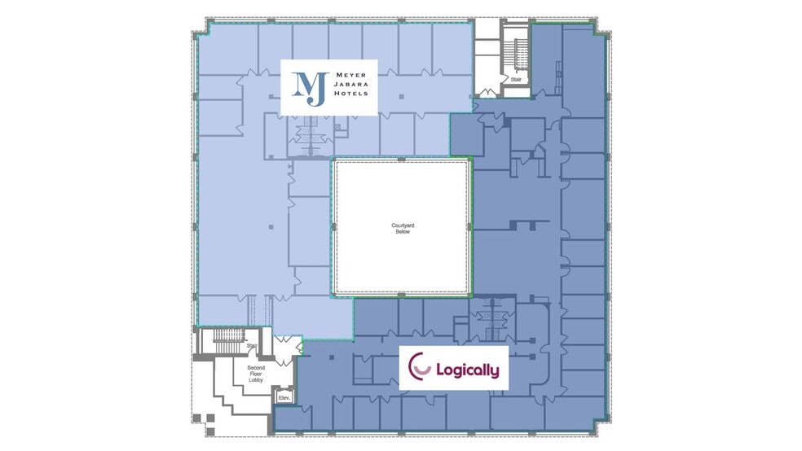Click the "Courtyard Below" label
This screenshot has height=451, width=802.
[x=403, y=228]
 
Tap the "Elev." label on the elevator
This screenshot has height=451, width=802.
[x=284, y=397]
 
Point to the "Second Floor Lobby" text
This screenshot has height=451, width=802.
[x=256, y=374]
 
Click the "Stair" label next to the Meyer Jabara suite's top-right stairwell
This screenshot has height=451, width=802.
[x=516, y=80]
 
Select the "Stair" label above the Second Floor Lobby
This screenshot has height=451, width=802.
[x=252, y=346]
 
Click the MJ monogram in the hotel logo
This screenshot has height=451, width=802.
[x=311, y=89]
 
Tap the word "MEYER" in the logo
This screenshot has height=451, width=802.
[x=350, y=75]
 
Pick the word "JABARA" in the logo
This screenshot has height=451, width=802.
[x=350, y=85]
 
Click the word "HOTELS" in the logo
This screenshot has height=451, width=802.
[x=350, y=94]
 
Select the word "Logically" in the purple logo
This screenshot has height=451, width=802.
[x=467, y=370]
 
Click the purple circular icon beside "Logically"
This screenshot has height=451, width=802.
[x=420, y=366]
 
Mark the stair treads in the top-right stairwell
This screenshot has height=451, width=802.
[x=521, y=53]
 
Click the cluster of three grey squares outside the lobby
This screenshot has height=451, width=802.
[x=207, y=423]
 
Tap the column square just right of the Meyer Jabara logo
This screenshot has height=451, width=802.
[x=402, y=97]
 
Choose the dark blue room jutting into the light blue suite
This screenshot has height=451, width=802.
[x=467, y=134]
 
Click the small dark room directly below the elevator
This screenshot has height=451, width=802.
[x=292, y=418]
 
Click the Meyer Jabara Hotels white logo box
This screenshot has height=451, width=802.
[x=329, y=87]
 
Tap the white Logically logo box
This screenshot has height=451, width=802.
[x=454, y=368]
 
